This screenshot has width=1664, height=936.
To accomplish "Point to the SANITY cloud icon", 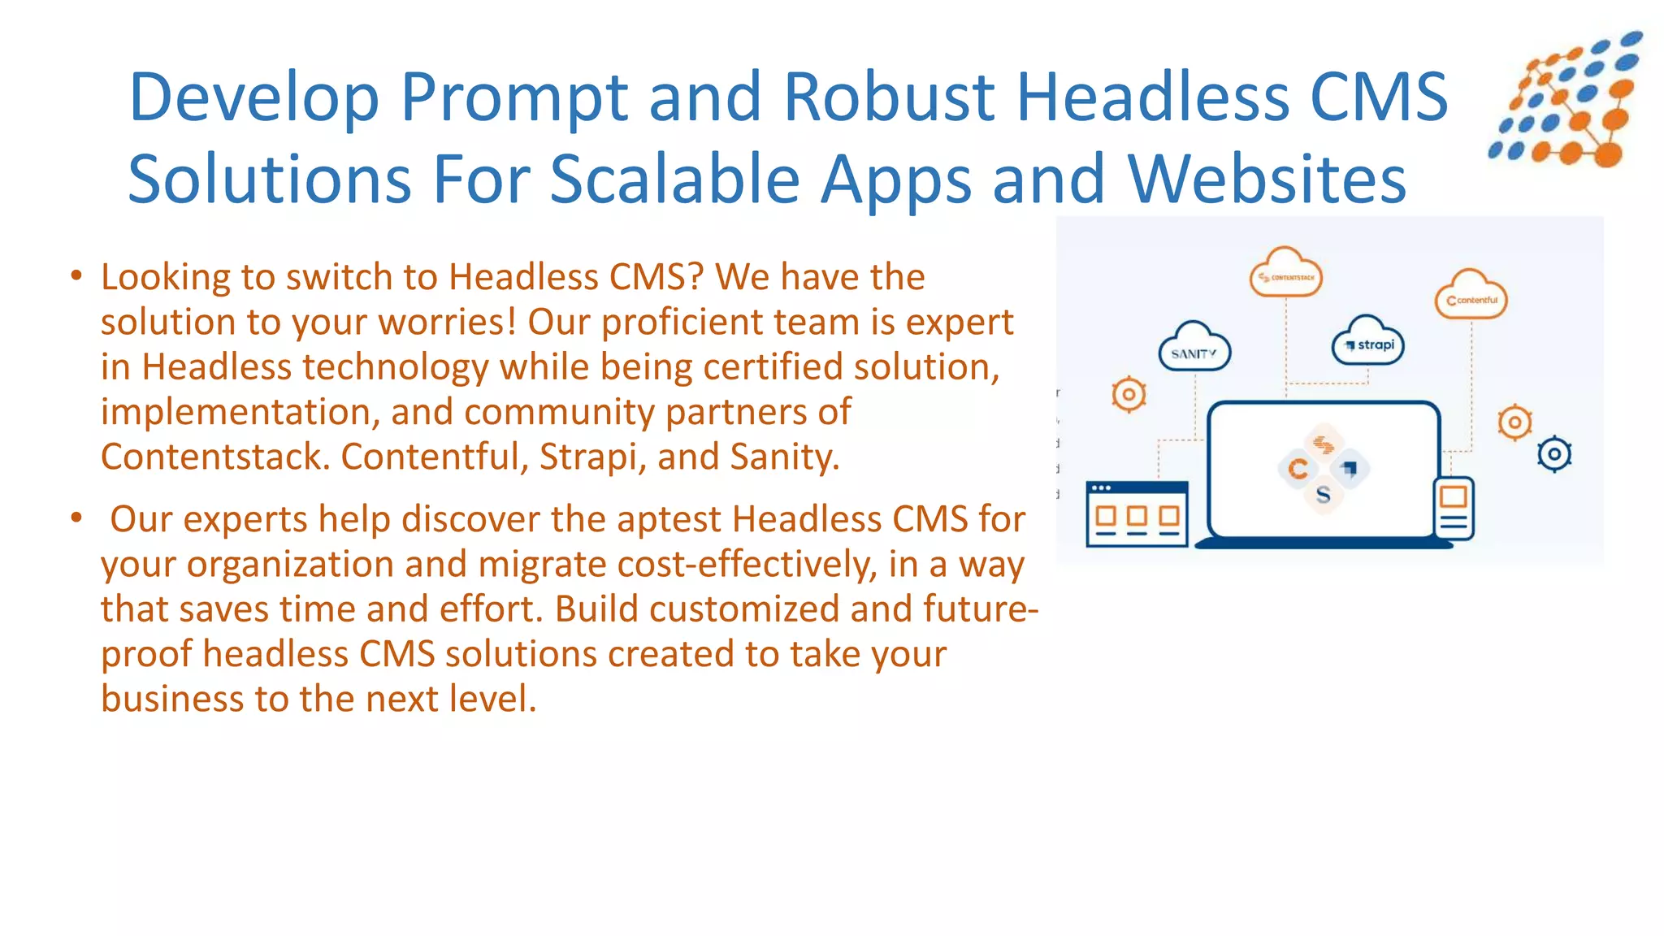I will (x=1194, y=349).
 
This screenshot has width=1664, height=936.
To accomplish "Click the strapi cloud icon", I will (x=1369, y=343).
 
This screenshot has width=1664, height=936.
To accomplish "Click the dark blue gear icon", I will (x=1554, y=454).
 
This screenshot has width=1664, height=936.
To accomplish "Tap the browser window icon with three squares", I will (x=1137, y=513).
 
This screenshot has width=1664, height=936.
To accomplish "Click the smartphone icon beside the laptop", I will (x=1454, y=507).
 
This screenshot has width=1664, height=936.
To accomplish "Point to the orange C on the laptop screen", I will (x=1298, y=469).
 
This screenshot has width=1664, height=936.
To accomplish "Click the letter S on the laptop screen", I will (x=1323, y=495).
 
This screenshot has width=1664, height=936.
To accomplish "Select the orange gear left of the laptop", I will (x=1129, y=395).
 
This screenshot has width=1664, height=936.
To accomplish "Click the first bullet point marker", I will (x=76, y=276).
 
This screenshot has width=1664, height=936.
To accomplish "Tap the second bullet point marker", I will (x=76, y=518).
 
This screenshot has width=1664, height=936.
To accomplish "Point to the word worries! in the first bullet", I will (x=448, y=323).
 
